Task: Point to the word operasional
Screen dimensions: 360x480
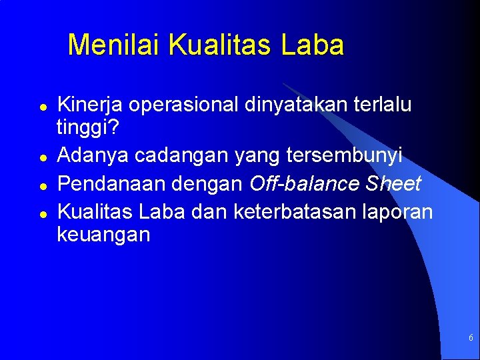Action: click(184, 105)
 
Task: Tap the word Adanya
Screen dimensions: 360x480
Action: click(93, 155)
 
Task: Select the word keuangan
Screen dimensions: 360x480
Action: click(103, 234)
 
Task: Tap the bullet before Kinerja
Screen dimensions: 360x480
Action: click(41, 107)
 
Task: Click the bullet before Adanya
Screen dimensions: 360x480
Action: click(41, 158)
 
